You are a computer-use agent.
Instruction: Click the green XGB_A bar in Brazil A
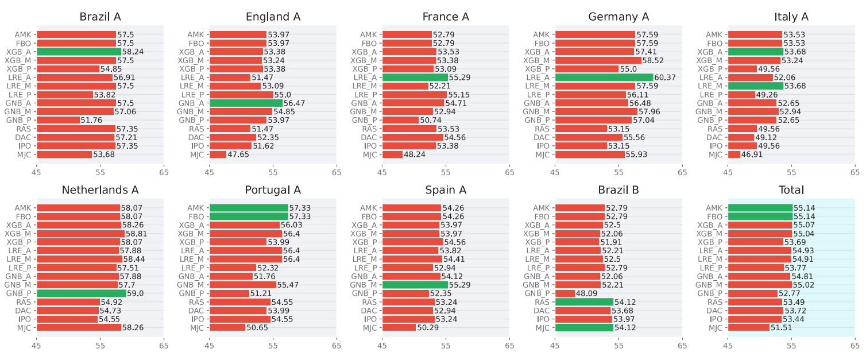79,52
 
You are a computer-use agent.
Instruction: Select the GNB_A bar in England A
246,103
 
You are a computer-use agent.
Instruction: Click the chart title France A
446,17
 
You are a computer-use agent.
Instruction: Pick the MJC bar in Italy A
734,154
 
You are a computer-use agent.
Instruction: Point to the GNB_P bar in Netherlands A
81,293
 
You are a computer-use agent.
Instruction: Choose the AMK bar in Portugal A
249,208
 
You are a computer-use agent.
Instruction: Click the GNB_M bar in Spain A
415,285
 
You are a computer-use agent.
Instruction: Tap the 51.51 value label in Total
781,328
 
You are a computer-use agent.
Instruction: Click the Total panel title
791,190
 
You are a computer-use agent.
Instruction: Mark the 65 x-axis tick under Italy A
855,172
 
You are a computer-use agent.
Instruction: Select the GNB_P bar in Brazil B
565,293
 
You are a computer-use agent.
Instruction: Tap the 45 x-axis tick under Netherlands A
36,346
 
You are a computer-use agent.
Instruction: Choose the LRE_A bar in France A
415,78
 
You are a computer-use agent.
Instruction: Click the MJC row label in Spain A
370,328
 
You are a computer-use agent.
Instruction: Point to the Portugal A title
273,190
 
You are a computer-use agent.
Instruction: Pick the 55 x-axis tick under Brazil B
619,346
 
